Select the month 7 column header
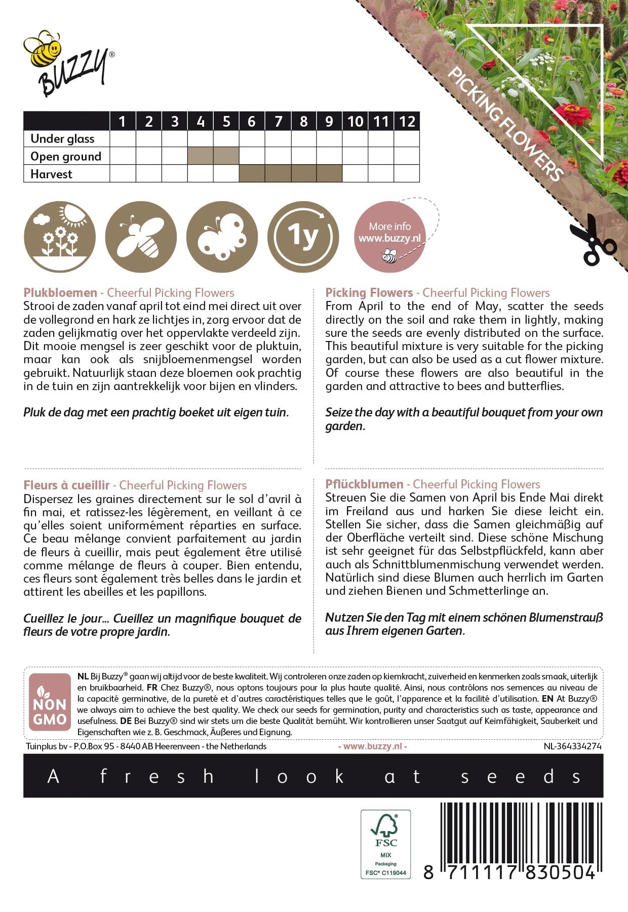coord(278,122)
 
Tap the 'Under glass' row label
coord(62,139)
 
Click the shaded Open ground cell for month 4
coord(201,156)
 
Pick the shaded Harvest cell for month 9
coord(329,174)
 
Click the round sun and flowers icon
coord(60,237)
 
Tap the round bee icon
coord(141,237)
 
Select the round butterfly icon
coord(222,237)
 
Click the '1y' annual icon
coord(303,237)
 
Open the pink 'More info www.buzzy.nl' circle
coord(390,237)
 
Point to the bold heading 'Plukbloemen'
coord(60,293)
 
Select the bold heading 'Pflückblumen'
coord(364,484)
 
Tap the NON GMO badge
coord(50,702)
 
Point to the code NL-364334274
coord(572,746)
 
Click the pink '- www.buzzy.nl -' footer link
coord(372,746)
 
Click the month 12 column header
coord(407,122)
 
